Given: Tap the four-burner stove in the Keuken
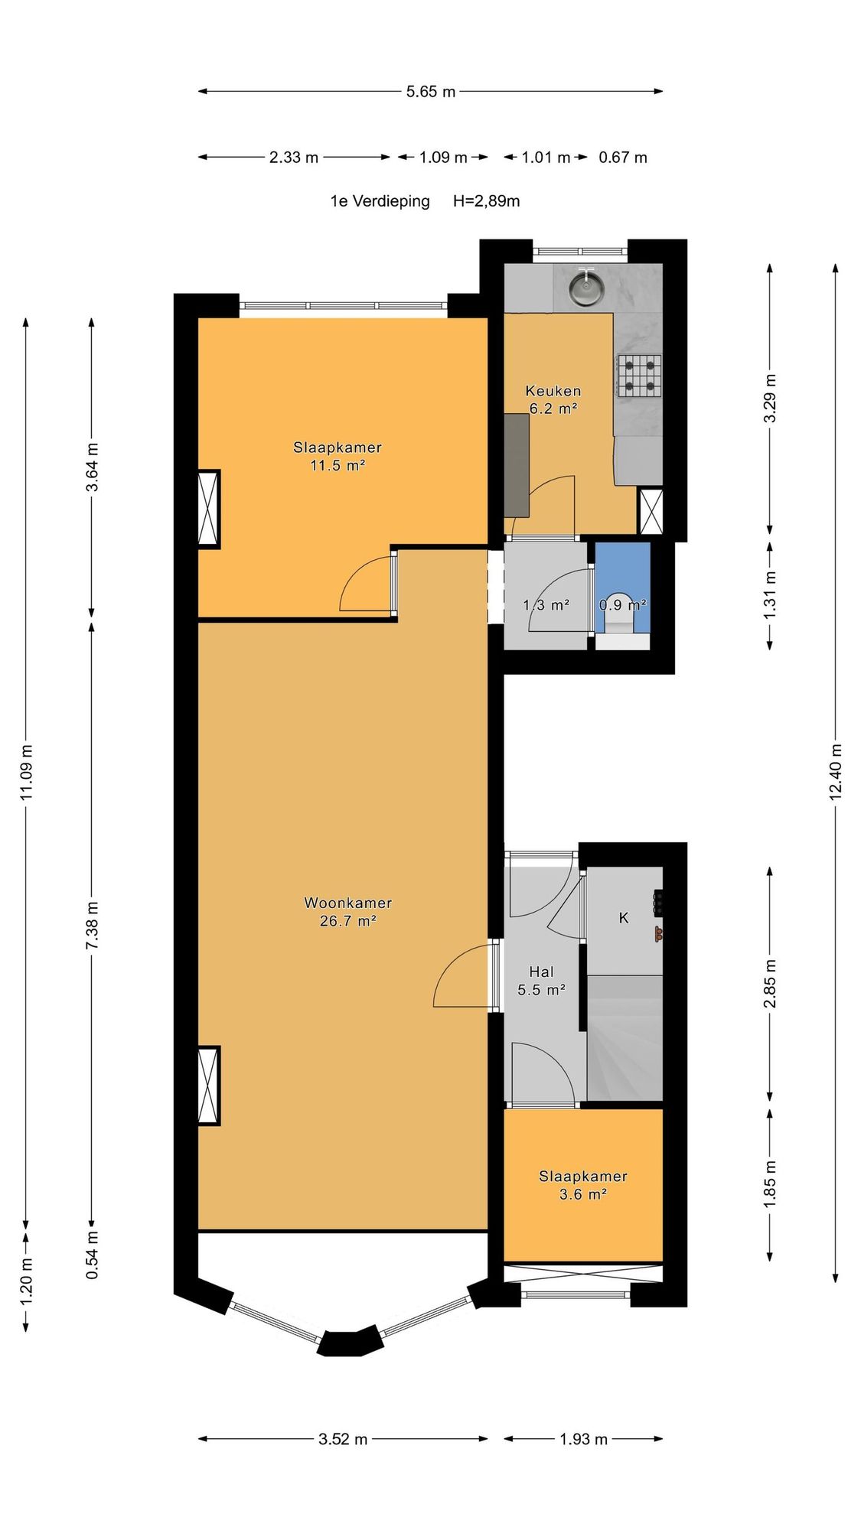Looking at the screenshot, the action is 639,376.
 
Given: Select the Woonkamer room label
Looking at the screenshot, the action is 348,903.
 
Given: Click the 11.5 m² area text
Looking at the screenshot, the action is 338,465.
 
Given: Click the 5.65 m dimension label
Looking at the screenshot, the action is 431,92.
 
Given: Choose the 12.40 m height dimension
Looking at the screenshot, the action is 835,771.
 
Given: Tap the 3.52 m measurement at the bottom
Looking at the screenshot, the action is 343,1439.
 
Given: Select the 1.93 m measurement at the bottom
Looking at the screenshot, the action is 583,1439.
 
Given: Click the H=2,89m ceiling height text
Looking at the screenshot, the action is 487,201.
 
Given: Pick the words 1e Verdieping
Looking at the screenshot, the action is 380,201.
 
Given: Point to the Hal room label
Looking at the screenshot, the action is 541,972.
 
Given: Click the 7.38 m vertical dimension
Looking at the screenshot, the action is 92,926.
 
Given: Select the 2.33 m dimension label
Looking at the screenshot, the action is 294,158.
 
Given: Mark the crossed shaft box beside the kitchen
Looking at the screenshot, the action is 651,511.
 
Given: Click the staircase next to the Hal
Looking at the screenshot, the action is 625,1038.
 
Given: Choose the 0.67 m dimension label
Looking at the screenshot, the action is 623,158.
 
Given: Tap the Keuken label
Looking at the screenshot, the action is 553,391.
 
